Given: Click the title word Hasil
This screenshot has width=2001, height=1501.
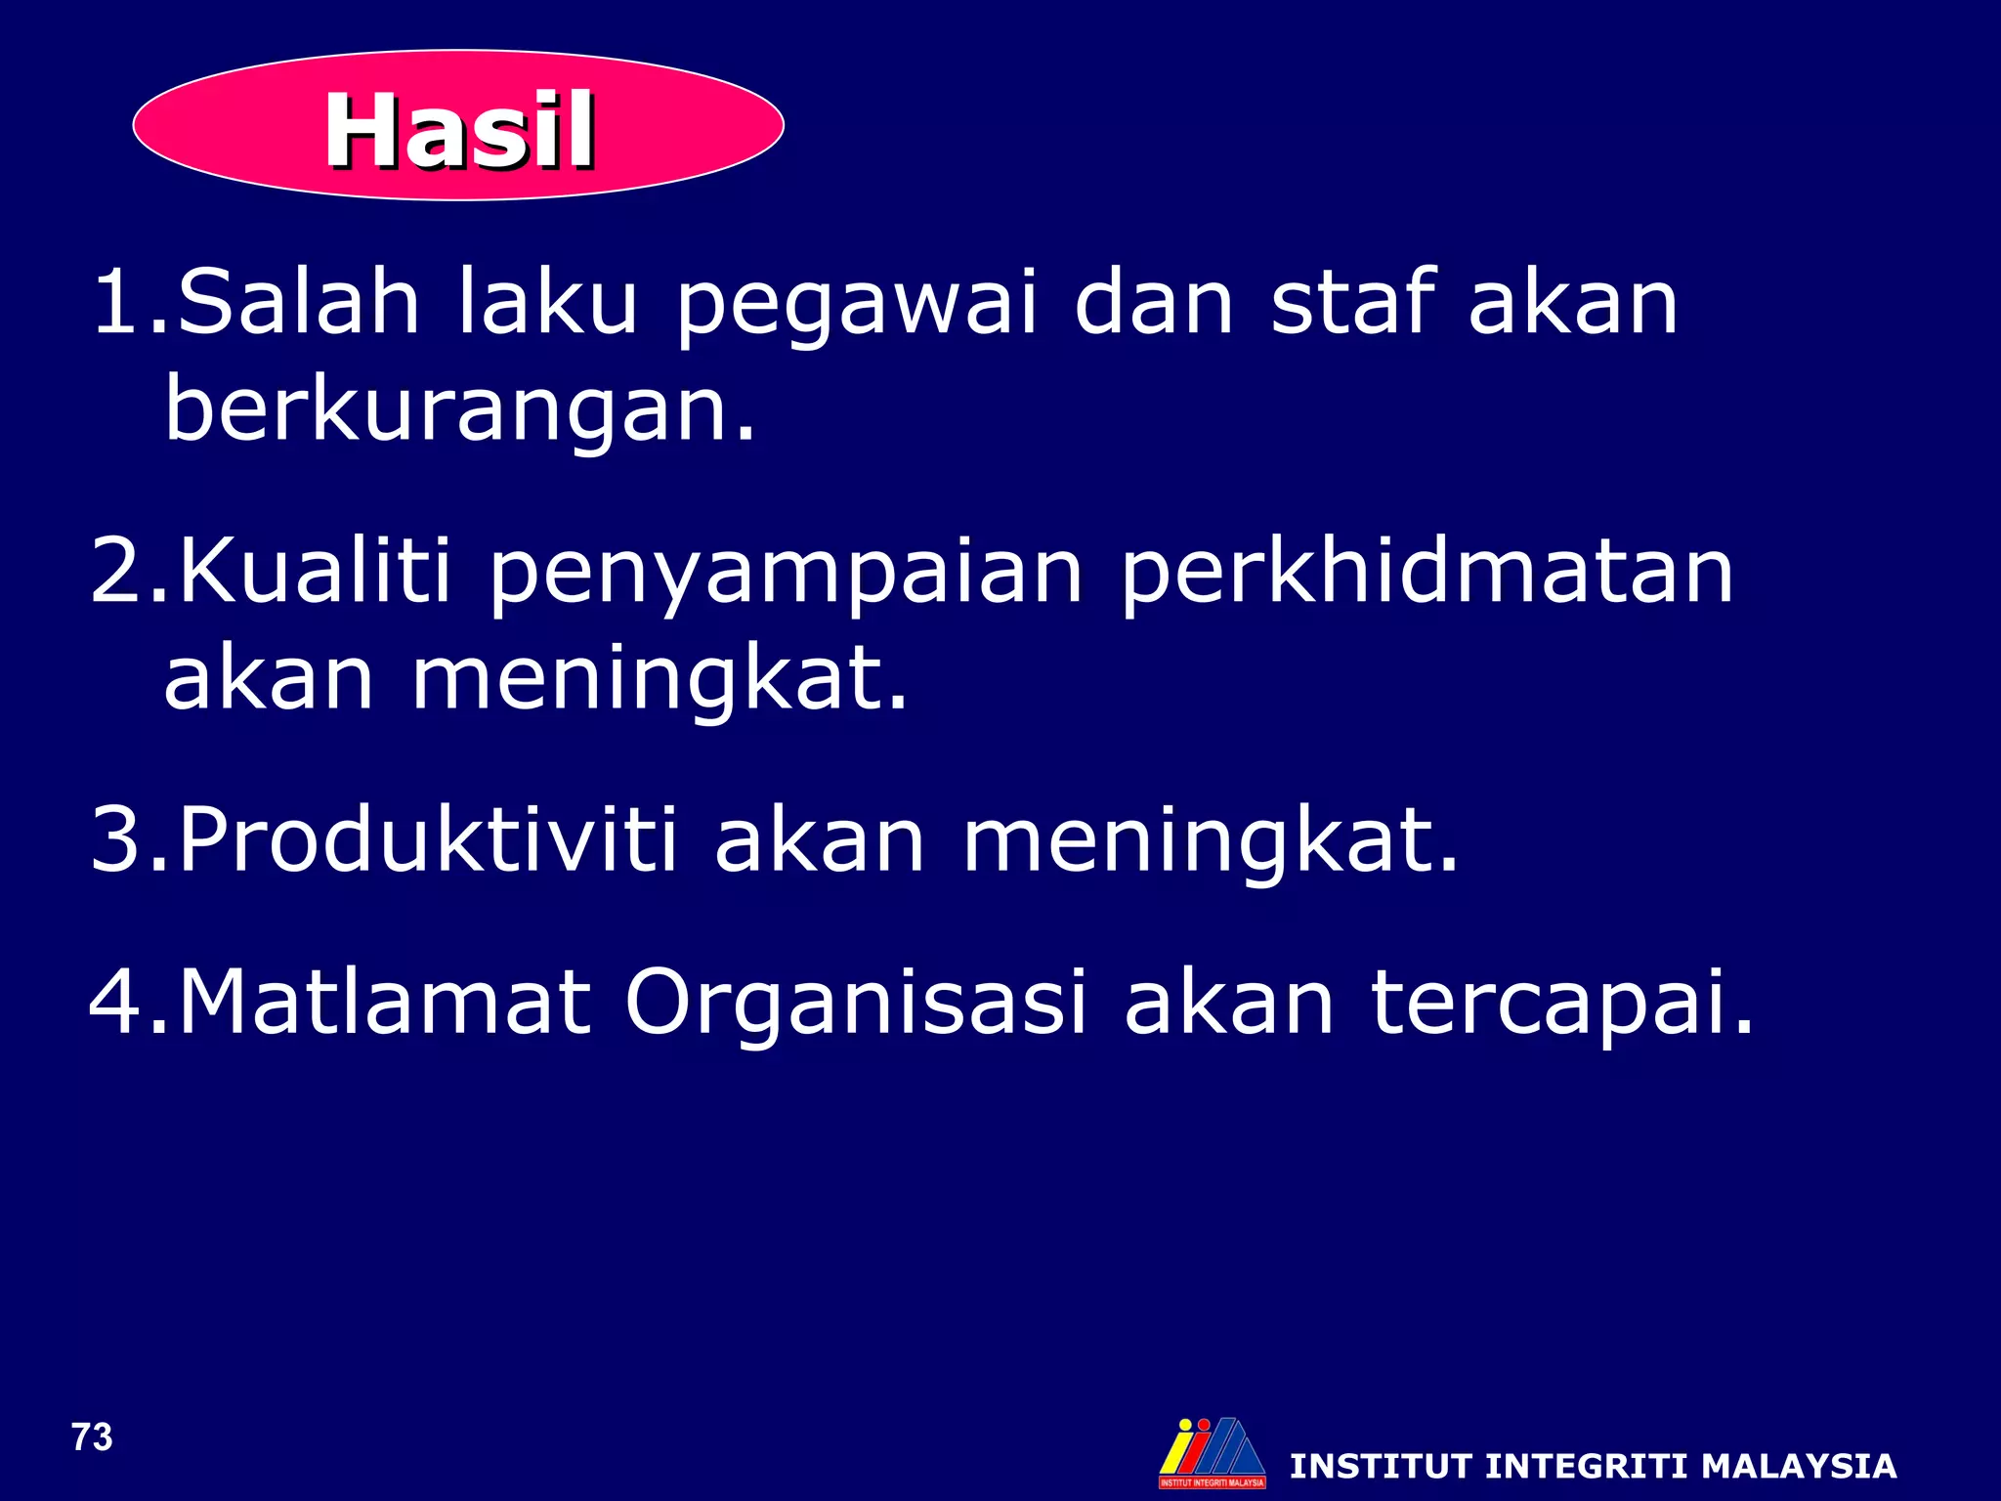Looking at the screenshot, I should point(459,130).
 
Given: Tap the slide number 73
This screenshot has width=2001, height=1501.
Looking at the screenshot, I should point(92,1437).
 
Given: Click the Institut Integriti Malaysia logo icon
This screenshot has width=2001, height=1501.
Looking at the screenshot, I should point(1212,1452).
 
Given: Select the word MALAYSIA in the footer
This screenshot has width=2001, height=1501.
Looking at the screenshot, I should point(1798,1466).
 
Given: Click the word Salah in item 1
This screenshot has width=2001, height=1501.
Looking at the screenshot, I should point(298,302).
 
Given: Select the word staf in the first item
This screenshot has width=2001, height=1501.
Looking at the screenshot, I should point(1353,302).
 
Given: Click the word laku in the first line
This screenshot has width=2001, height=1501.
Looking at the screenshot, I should point(547,302).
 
